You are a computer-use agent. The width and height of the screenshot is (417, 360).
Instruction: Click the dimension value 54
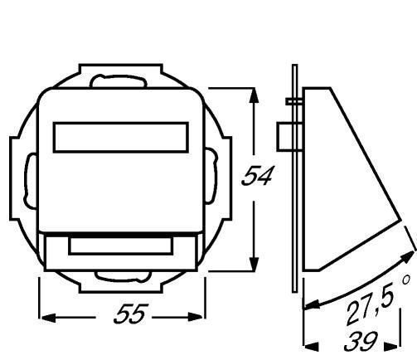click(257, 176)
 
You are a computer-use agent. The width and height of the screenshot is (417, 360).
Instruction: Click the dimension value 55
click(129, 314)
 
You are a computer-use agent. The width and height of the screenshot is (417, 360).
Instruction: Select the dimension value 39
click(361, 341)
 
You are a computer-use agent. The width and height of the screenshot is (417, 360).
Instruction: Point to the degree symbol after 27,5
click(405, 280)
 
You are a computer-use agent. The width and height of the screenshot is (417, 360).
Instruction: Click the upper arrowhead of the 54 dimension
click(254, 95)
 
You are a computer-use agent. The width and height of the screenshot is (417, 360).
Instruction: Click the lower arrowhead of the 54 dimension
click(254, 264)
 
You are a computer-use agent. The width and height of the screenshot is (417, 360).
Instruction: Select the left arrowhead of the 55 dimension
click(48, 317)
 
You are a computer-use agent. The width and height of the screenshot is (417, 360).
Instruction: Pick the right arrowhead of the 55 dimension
click(196, 317)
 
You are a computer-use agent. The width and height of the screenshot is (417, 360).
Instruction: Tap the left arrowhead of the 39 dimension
click(311, 346)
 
